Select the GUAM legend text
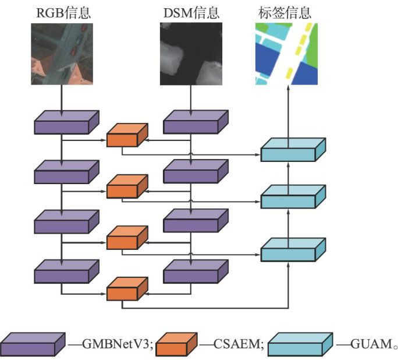(x=373, y=345)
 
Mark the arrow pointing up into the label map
(x=287, y=111)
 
